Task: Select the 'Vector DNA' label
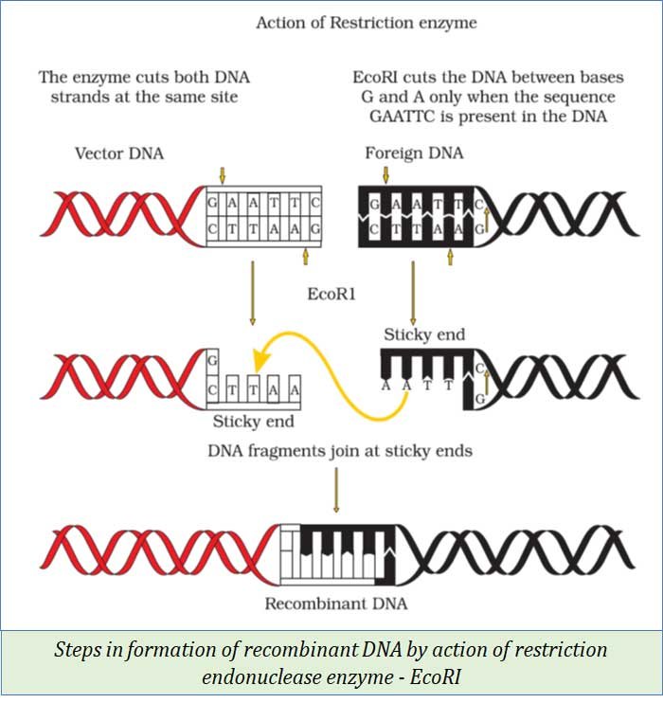click(x=119, y=153)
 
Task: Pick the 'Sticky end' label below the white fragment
click(x=253, y=422)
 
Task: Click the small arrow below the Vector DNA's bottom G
click(x=305, y=255)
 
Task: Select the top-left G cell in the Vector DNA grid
click(x=215, y=203)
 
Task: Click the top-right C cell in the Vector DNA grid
click(x=314, y=203)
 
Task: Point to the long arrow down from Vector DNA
click(x=253, y=294)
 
